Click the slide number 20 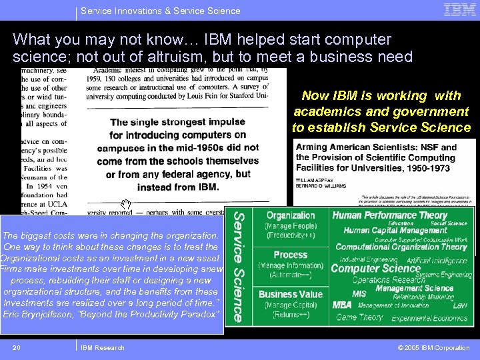pyautogui.click(x=17, y=347)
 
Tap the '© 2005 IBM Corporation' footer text pyautogui.click(x=433, y=347)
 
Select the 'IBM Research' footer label pyautogui.click(x=102, y=347)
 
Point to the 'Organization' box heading pyautogui.click(x=291, y=215)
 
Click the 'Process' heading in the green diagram pyautogui.click(x=291, y=255)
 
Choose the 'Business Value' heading pyautogui.click(x=291, y=294)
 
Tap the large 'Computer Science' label pyautogui.click(x=375, y=268)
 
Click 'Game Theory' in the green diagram pyautogui.click(x=359, y=318)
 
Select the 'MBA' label pyautogui.click(x=342, y=305)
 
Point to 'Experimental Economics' pyautogui.click(x=429, y=319)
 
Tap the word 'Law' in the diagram pyautogui.click(x=460, y=305)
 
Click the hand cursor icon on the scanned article pyautogui.click(x=125, y=203)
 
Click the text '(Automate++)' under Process pyautogui.click(x=291, y=275)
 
